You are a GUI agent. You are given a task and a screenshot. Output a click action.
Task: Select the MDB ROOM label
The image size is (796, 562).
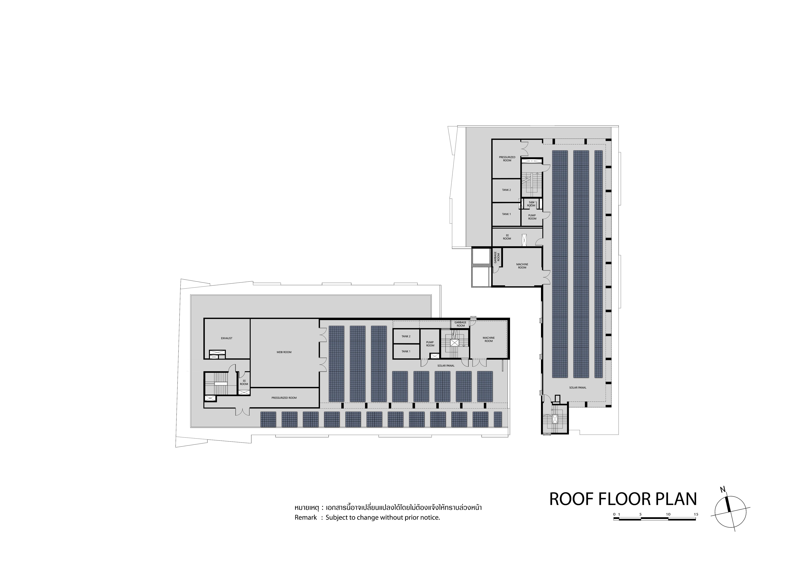pos(284,352)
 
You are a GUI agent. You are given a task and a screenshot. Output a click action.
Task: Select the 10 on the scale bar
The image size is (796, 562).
pos(668,514)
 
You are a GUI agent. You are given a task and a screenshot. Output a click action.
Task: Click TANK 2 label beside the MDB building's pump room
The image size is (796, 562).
pos(406,336)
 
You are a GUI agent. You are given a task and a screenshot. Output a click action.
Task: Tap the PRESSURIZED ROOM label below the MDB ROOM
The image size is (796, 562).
pos(284,398)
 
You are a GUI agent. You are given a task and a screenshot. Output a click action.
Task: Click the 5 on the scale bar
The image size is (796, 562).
pos(640,514)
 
